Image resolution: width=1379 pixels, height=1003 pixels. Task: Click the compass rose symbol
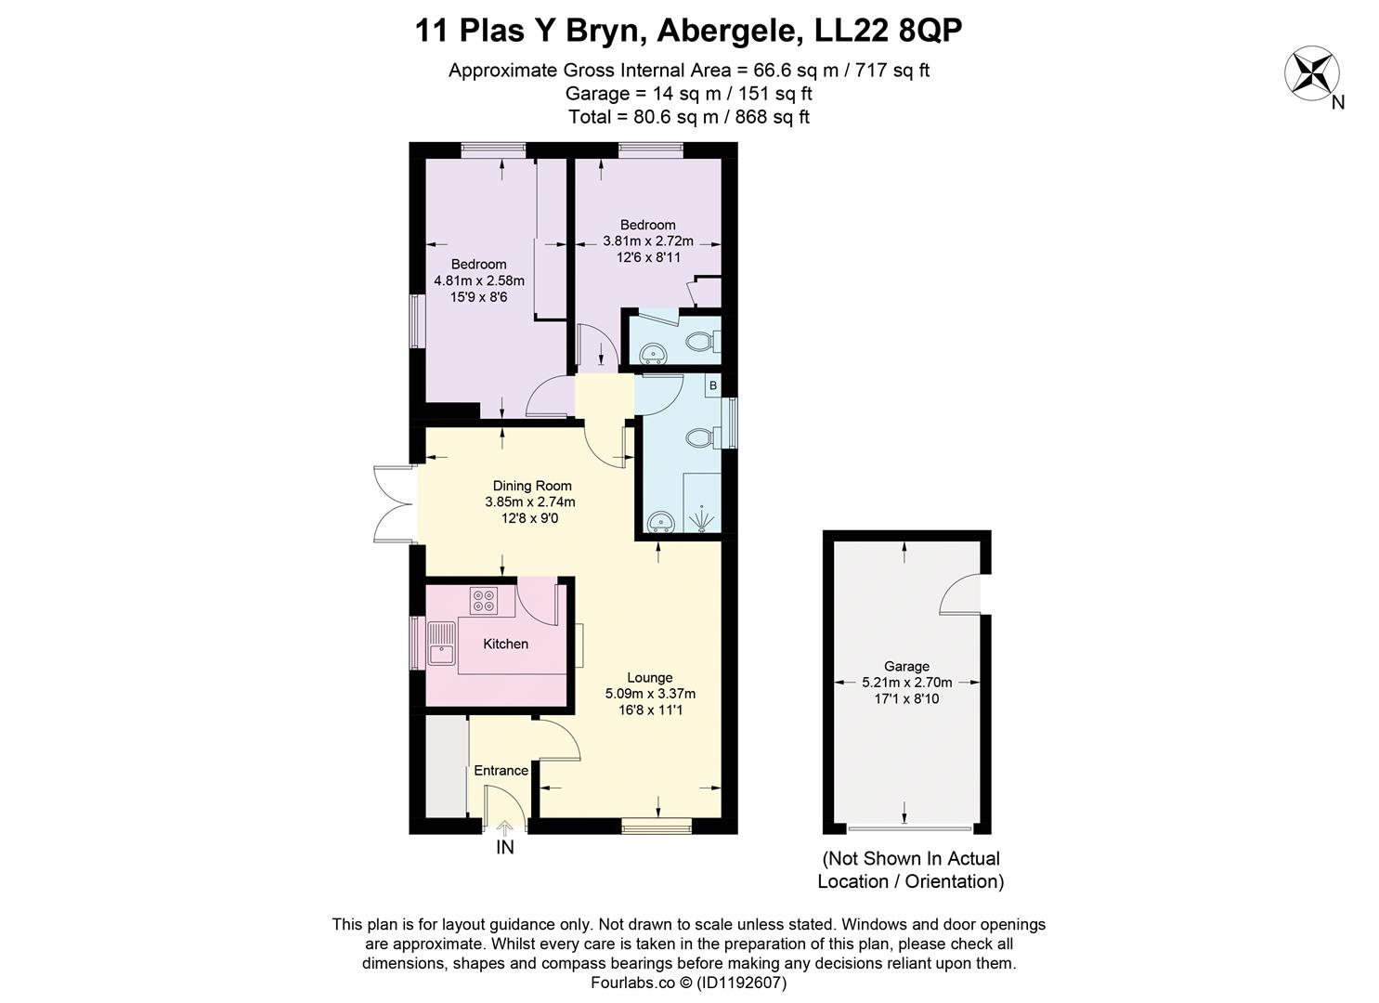[1311, 74]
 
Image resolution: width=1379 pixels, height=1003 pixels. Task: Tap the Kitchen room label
[505, 644]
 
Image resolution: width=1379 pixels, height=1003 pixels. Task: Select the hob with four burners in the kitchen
[483, 600]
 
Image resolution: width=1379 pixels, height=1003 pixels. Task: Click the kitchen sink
[441, 644]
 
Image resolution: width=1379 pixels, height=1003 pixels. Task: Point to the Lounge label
[649, 677]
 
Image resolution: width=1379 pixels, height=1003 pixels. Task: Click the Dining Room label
[531, 486]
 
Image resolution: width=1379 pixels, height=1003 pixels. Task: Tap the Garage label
[906, 666]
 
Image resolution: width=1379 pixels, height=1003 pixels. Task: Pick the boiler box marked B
[713, 384]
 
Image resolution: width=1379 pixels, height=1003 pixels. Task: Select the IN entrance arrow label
[505, 847]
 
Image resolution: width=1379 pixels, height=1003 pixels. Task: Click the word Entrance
[501, 770]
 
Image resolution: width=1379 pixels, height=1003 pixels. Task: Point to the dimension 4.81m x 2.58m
[478, 280]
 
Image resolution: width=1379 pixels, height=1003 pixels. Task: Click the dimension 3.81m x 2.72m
[647, 241]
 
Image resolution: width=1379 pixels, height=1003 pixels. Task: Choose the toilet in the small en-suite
[701, 342]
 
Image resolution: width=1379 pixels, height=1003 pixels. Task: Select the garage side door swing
[960, 594]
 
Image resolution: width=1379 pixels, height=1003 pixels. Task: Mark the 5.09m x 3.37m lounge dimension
[649, 694]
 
